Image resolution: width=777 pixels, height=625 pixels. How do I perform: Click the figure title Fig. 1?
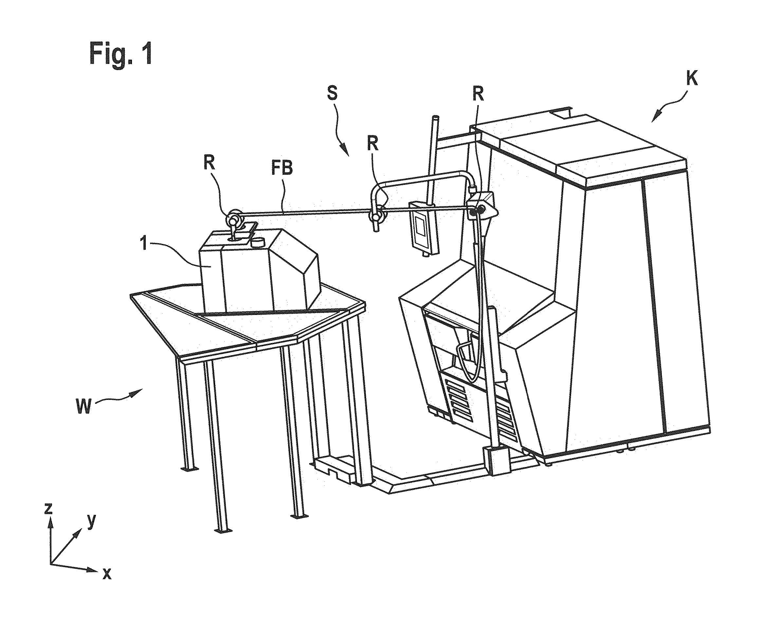click(x=121, y=53)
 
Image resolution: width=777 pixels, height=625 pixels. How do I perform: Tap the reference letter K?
click(x=692, y=79)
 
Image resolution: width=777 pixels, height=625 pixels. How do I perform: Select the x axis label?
click(x=107, y=573)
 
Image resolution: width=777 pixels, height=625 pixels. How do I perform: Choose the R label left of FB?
click(x=209, y=163)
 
